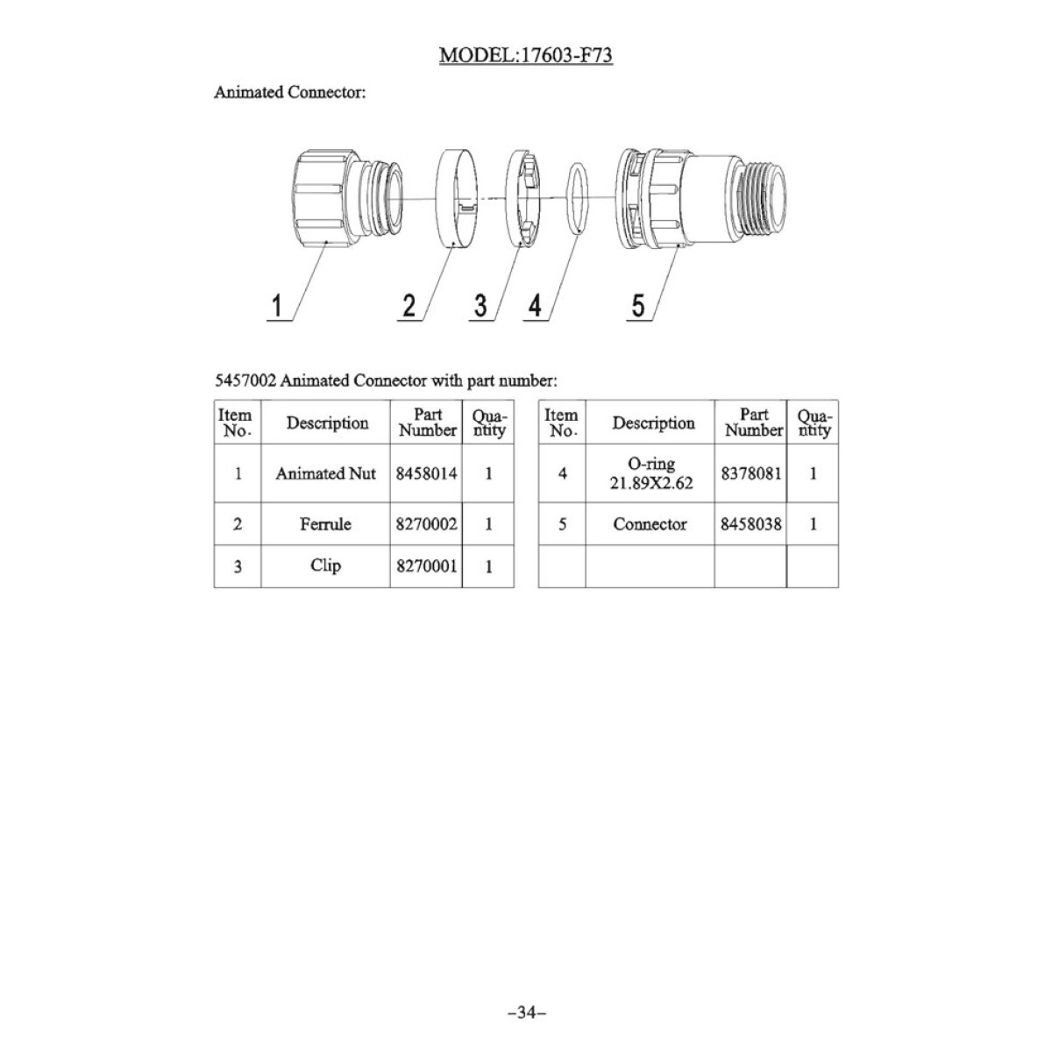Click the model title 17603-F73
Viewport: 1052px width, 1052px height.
tap(526, 55)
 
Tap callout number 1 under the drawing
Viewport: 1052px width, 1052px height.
tap(277, 305)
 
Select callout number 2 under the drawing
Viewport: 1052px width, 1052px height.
tap(409, 305)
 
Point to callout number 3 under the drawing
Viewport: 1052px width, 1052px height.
tap(480, 305)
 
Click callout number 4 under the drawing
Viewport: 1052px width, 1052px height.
tap(535, 305)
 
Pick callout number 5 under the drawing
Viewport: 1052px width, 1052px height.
tap(638, 305)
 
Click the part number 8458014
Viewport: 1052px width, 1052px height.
tap(426, 473)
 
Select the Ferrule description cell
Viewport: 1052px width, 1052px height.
tap(325, 524)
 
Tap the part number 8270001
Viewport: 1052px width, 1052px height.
tap(426, 566)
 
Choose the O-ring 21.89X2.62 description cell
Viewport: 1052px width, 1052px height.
tap(650, 473)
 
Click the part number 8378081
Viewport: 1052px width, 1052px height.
tap(751, 473)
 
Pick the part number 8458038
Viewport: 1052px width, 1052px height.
tap(751, 524)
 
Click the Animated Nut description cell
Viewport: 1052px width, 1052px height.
tap(325, 473)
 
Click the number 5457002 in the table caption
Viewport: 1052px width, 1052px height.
tap(245, 380)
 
